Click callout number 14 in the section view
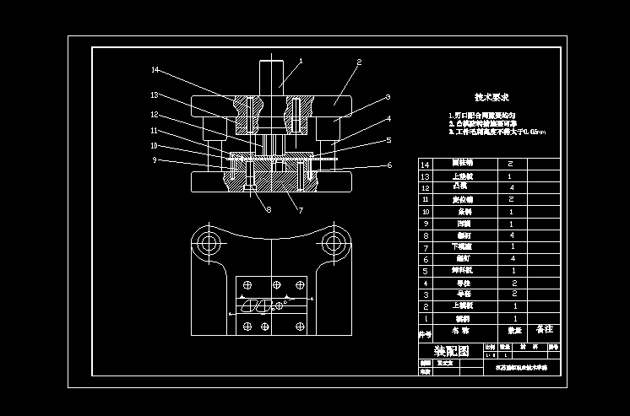pos(155,70)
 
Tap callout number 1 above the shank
pos(300,61)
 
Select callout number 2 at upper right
pos(359,62)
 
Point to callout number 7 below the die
pos(300,209)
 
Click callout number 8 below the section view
pos(268,209)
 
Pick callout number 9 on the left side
pos(155,159)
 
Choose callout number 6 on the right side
pos(388,165)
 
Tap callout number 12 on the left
pos(155,114)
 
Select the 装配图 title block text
pos(450,350)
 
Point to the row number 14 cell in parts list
pos(425,164)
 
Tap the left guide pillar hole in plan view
pos(208,245)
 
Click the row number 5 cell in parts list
pos(425,271)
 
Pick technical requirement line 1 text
pos(482,115)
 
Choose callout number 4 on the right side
pos(388,119)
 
